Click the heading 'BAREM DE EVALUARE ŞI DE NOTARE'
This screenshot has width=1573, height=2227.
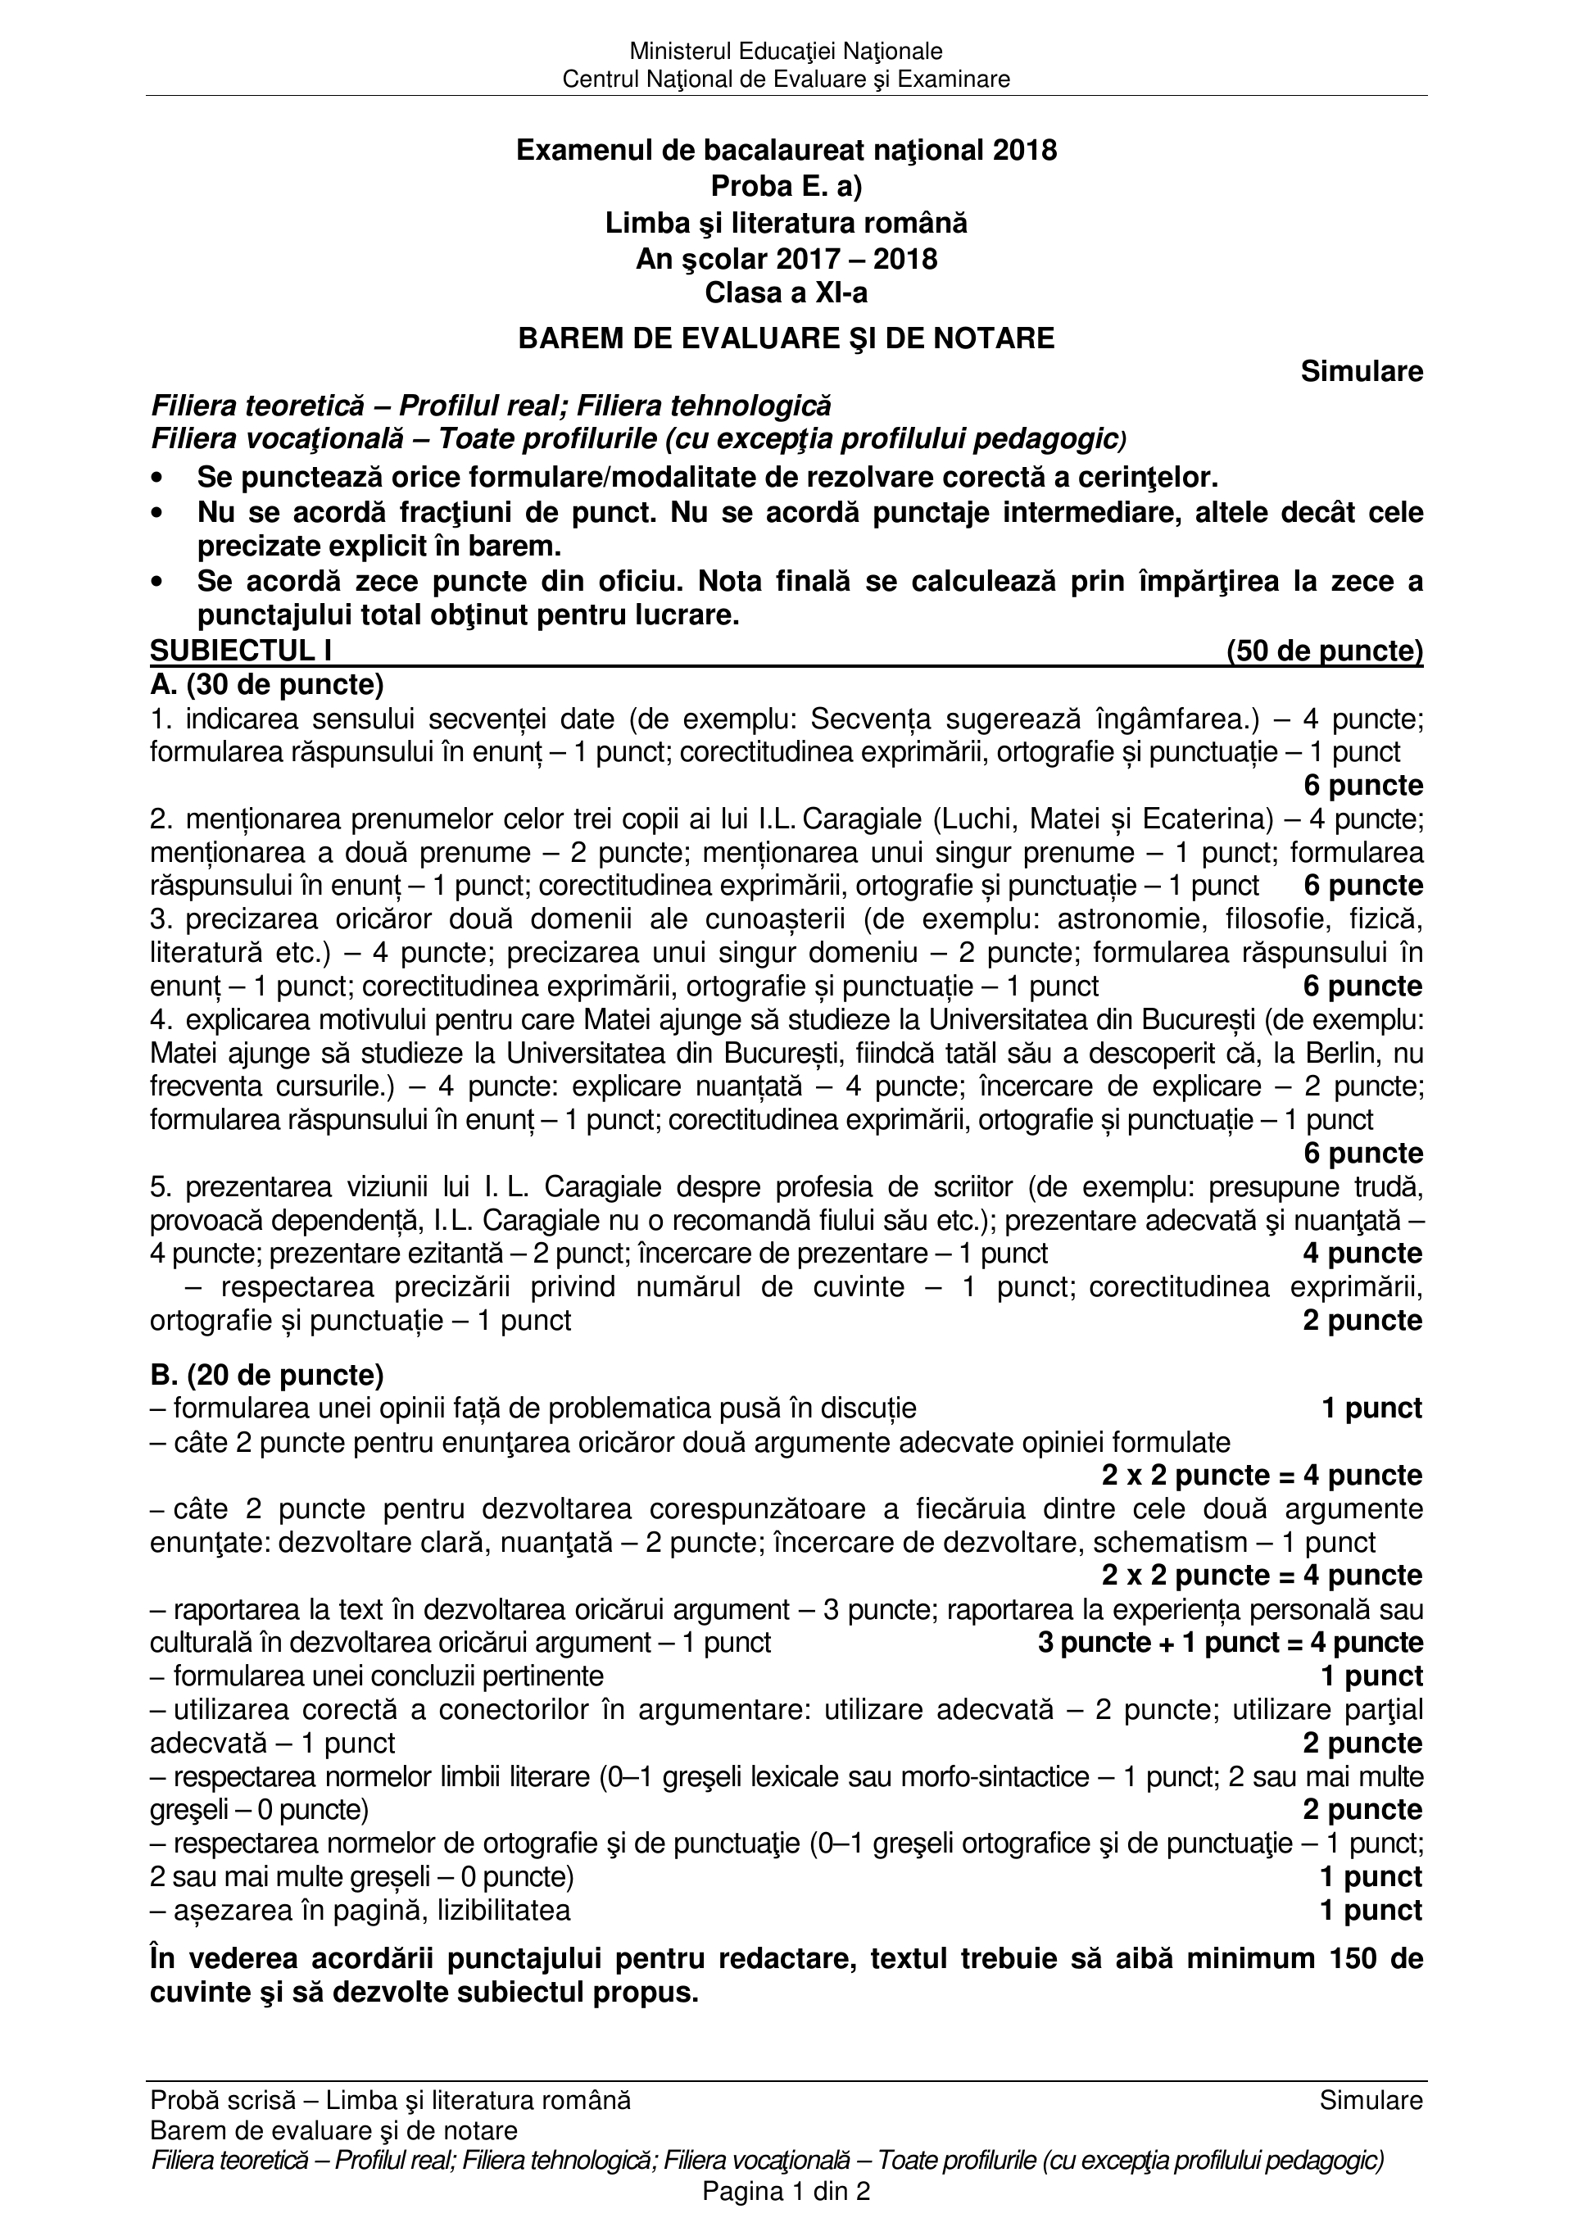[x=786, y=338]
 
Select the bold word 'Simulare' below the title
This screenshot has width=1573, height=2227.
[x=1362, y=370]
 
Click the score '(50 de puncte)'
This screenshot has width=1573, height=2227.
[x=1325, y=651]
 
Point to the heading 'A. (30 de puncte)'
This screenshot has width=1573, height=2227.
[x=267, y=685]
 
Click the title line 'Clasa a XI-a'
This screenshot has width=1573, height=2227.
[x=786, y=293]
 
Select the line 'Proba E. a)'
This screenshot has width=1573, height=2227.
[x=786, y=185]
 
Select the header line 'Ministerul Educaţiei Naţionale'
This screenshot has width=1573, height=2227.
[x=786, y=51]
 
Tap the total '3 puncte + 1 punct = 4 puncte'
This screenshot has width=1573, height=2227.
[x=1230, y=1642]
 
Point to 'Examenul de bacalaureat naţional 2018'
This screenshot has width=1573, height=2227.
[x=786, y=150]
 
